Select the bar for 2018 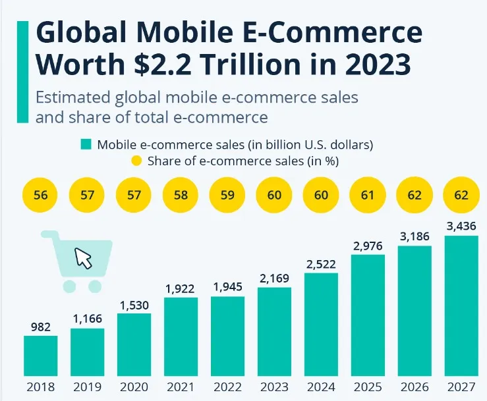pyautogui.click(x=40, y=356)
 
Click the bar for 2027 pyautogui.click(x=461, y=306)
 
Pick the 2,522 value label pyautogui.click(x=321, y=264)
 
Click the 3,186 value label pyautogui.click(x=415, y=236)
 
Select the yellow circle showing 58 pyautogui.click(x=181, y=196)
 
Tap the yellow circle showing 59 pyautogui.click(x=227, y=196)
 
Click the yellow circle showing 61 pyautogui.click(x=368, y=196)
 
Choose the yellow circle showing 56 pyautogui.click(x=40, y=196)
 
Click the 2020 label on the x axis pyautogui.click(x=134, y=387)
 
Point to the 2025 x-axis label pyautogui.click(x=368, y=387)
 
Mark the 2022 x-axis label pyautogui.click(x=227, y=387)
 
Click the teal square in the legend pyautogui.click(x=86, y=144)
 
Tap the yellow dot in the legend pyautogui.click(x=136, y=161)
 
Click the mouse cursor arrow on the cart pyautogui.click(x=83, y=257)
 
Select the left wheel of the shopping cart pyautogui.click(x=68, y=286)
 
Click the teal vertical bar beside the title pyautogui.click(x=23, y=71)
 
